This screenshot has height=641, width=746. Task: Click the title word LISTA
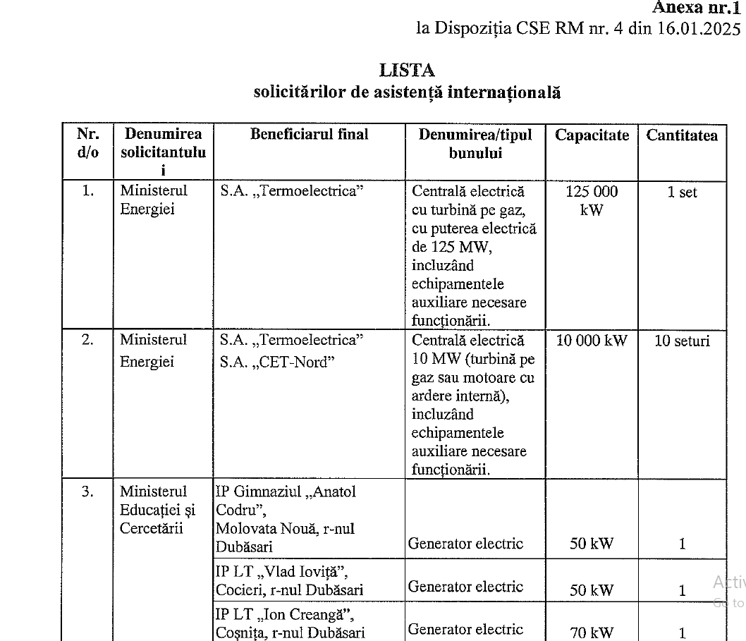407,71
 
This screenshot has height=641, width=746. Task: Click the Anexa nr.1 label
696,8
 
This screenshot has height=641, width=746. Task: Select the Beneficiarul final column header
309,135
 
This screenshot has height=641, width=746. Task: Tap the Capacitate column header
592,135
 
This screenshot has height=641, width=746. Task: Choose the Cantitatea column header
682,135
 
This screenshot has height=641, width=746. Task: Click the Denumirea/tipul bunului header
475,144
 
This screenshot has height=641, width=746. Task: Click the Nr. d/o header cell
87,144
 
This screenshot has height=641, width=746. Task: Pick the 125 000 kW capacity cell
592,200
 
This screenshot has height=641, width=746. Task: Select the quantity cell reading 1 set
682,193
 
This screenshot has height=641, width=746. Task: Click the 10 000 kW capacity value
592,341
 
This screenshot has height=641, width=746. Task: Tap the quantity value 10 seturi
682,342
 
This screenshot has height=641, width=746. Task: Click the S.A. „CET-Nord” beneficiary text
277,362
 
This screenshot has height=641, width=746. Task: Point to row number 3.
87,492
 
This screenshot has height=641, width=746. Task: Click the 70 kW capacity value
592,633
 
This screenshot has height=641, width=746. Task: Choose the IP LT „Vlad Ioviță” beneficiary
288,580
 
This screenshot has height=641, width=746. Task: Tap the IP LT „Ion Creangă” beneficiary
288,623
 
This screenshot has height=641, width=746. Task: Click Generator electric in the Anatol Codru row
465,544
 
